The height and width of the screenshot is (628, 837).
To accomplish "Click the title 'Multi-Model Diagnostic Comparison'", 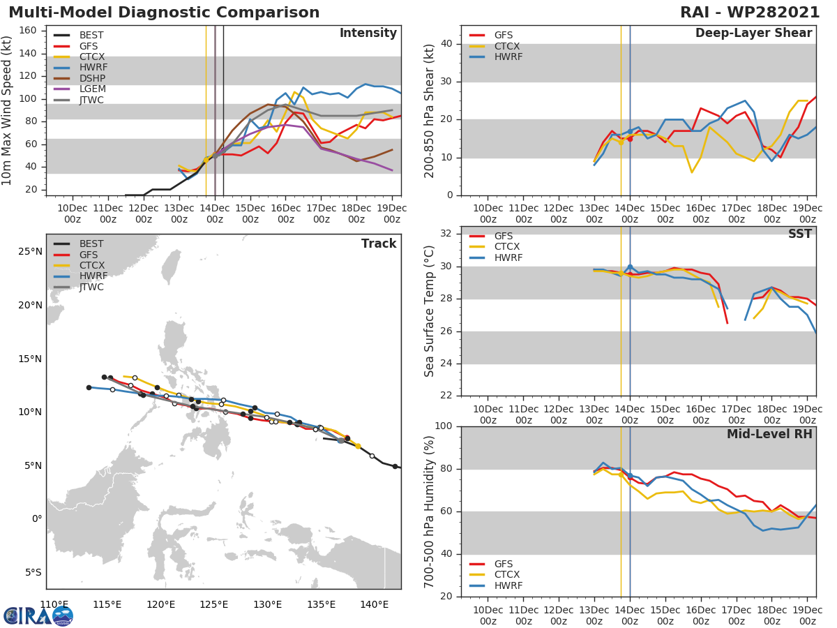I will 164,13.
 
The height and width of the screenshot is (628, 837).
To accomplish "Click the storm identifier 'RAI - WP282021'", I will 749,13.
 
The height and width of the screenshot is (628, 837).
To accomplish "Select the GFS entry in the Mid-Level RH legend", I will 503,564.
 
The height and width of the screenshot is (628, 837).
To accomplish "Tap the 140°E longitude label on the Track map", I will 375,604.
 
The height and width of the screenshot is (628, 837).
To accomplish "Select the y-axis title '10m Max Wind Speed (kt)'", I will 8,110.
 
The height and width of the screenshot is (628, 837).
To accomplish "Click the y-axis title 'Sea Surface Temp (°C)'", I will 430,311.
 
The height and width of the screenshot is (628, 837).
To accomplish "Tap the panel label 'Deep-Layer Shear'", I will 753,33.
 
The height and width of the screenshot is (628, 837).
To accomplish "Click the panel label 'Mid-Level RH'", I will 769,435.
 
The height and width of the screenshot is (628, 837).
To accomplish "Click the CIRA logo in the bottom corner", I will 38,615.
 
